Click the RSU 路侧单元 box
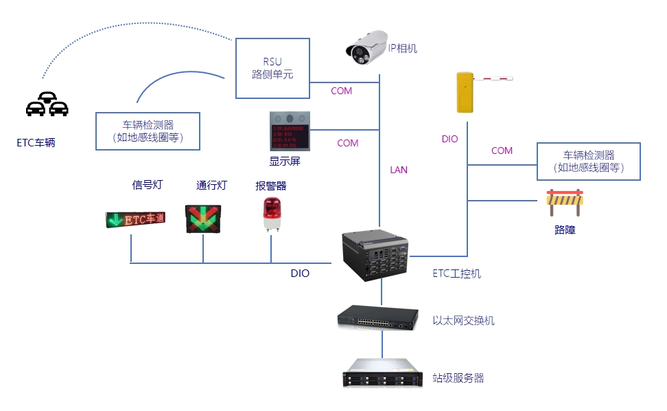(x=272, y=67)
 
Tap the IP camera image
(x=367, y=48)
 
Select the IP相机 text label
(x=403, y=48)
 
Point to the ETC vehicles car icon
(x=47, y=104)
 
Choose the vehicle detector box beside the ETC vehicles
(x=148, y=131)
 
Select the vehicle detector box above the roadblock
(x=588, y=162)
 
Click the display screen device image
(x=289, y=131)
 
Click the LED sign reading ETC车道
(x=136, y=219)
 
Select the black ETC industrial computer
(x=375, y=255)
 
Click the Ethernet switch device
(x=377, y=316)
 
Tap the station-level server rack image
(x=380, y=374)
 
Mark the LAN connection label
(x=399, y=170)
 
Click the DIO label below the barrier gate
(x=449, y=139)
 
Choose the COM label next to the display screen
(x=347, y=143)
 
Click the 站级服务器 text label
(x=458, y=378)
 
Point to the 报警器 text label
(x=270, y=186)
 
